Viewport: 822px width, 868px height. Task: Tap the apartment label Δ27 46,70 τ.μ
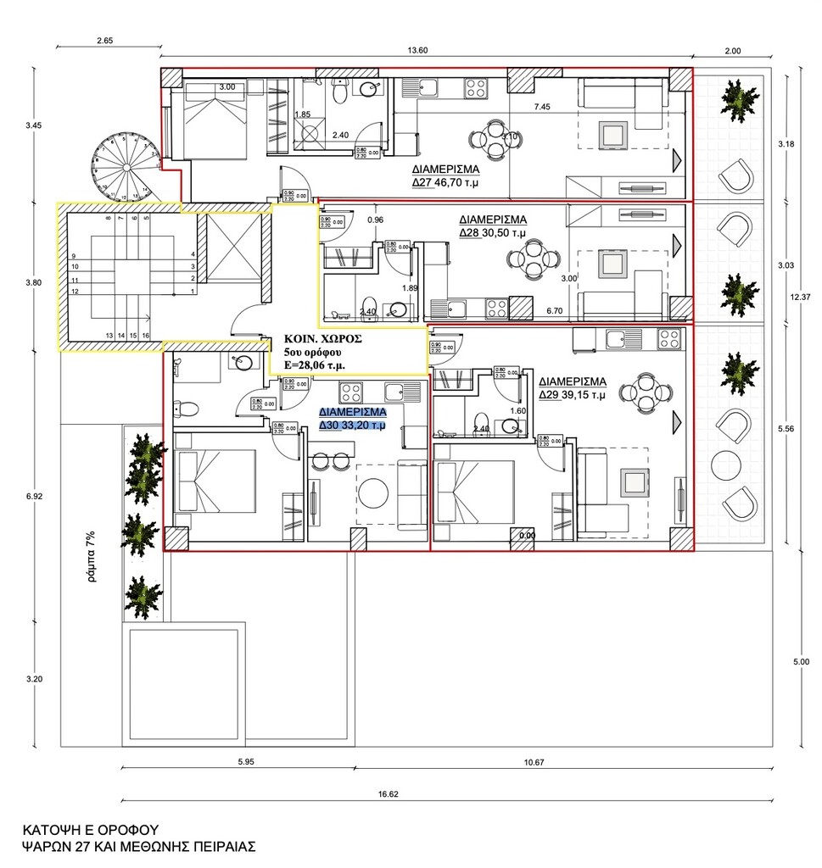pyautogui.click(x=445, y=181)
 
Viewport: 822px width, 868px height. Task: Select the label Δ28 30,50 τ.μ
pyautogui.click(x=493, y=231)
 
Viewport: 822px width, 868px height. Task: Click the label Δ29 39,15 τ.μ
pyautogui.click(x=573, y=394)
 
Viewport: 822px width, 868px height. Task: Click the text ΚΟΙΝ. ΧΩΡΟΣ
pyautogui.click(x=323, y=337)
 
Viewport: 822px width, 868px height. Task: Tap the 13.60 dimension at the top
pyautogui.click(x=417, y=51)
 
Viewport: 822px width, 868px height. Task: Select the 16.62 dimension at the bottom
pyautogui.click(x=387, y=794)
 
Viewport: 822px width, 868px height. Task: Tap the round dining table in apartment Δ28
pyautogui.click(x=532, y=259)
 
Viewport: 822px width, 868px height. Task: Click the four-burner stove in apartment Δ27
pyautogui.click(x=476, y=88)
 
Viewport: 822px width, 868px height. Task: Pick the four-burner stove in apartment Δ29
pyautogui.click(x=668, y=338)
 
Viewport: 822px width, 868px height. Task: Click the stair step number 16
pyautogui.click(x=146, y=336)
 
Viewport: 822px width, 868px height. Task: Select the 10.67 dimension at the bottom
pyautogui.click(x=534, y=762)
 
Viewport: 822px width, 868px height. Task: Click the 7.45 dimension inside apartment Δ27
pyautogui.click(x=544, y=108)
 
